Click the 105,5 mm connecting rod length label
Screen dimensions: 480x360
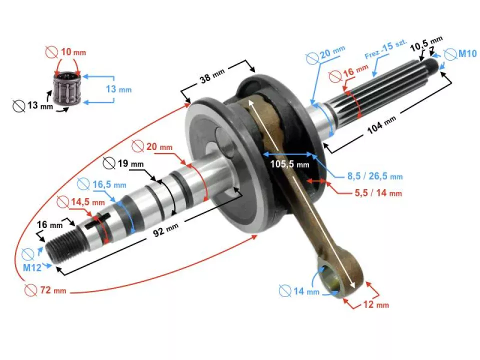click(x=289, y=164)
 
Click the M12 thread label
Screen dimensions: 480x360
click(x=32, y=267)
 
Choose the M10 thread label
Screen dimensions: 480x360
click(x=467, y=53)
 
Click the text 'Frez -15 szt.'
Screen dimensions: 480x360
click(x=385, y=48)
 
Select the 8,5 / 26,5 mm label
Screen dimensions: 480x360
click(x=375, y=176)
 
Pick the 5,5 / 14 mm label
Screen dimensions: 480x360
click(x=378, y=193)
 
